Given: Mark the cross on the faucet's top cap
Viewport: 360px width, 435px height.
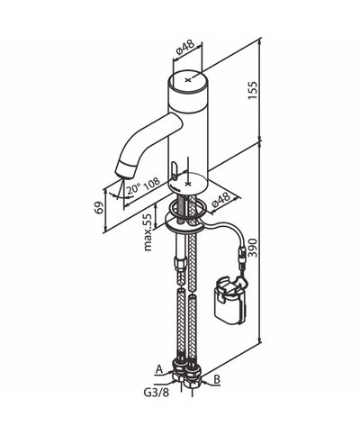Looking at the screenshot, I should [x=187, y=81].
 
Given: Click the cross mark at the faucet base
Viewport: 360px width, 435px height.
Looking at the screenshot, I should [x=187, y=183].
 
